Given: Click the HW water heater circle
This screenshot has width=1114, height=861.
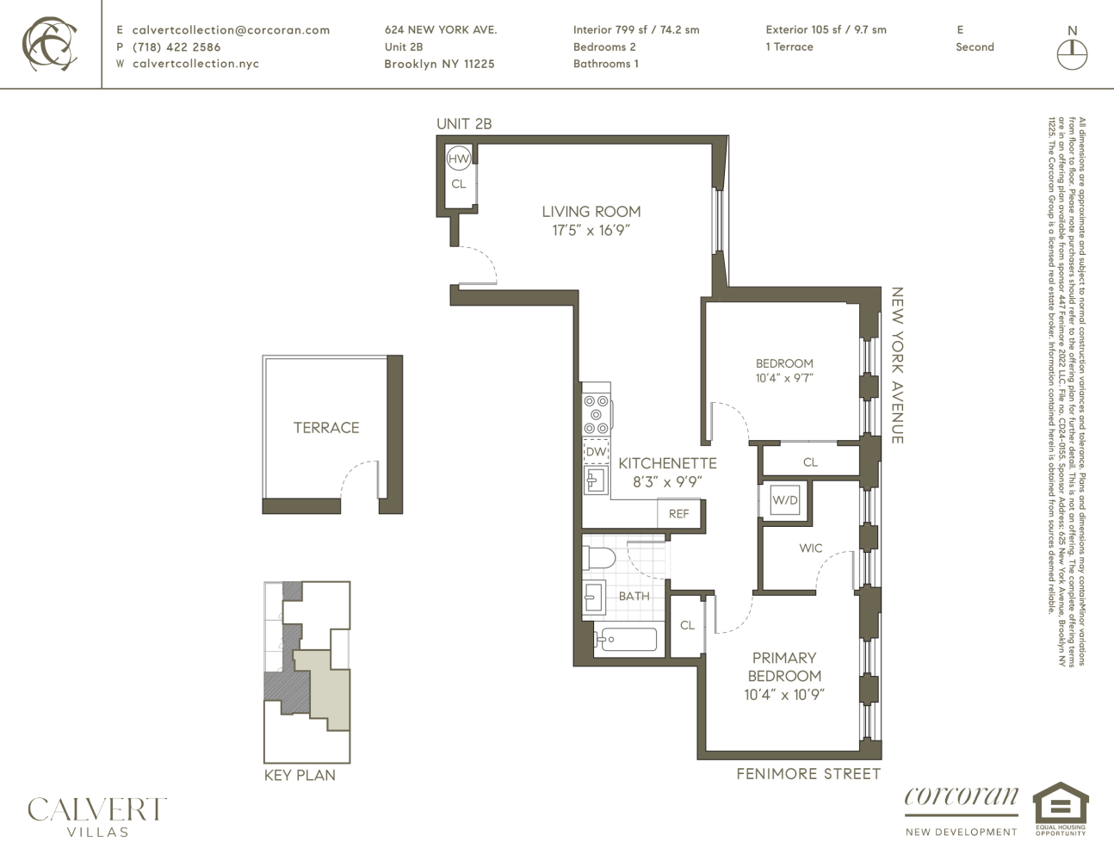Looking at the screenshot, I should (458, 158).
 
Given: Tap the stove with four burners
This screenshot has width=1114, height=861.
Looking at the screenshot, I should (596, 414).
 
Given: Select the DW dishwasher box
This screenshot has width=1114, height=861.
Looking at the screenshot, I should (596, 451).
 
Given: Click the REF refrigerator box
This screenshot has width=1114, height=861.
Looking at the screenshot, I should (678, 513).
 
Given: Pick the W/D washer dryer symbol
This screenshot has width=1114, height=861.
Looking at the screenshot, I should (784, 500).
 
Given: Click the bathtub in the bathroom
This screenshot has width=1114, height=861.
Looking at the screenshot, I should (628, 639).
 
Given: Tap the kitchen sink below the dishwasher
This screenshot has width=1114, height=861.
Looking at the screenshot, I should (595, 480).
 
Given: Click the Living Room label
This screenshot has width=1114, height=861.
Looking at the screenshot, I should (591, 211).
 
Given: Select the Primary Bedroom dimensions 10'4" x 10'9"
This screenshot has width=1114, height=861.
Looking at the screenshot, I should (784, 695).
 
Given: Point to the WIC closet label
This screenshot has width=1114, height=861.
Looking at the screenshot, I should (810, 548).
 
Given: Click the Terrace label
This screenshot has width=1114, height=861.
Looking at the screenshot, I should (326, 427).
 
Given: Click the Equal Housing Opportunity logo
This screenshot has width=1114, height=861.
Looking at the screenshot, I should (1060, 808).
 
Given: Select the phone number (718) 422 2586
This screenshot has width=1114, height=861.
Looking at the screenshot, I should (176, 46).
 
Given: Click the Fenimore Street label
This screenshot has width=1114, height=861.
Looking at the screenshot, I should (808, 774).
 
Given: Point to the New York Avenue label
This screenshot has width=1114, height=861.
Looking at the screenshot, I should (896, 365).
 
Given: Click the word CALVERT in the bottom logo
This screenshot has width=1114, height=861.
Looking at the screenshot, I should (96, 809).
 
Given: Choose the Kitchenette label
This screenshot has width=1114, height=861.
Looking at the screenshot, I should (667, 463).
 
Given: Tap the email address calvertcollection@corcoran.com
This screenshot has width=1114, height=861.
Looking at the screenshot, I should (231, 29).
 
